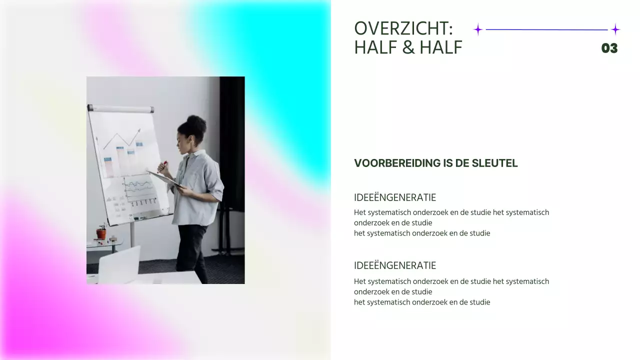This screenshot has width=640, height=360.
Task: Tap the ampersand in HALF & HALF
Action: (x=408, y=47)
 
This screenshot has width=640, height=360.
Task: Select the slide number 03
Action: (x=609, y=48)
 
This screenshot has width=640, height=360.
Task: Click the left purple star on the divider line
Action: (x=478, y=29)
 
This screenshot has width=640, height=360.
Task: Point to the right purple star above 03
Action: (x=615, y=29)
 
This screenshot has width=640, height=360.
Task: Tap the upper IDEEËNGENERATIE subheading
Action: (x=395, y=197)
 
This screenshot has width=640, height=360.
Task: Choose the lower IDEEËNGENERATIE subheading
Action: (x=395, y=265)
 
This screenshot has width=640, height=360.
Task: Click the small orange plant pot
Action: (x=101, y=233)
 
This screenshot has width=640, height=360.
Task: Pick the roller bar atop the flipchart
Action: (x=120, y=108)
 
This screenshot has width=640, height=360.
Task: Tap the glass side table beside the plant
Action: (x=105, y=243)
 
